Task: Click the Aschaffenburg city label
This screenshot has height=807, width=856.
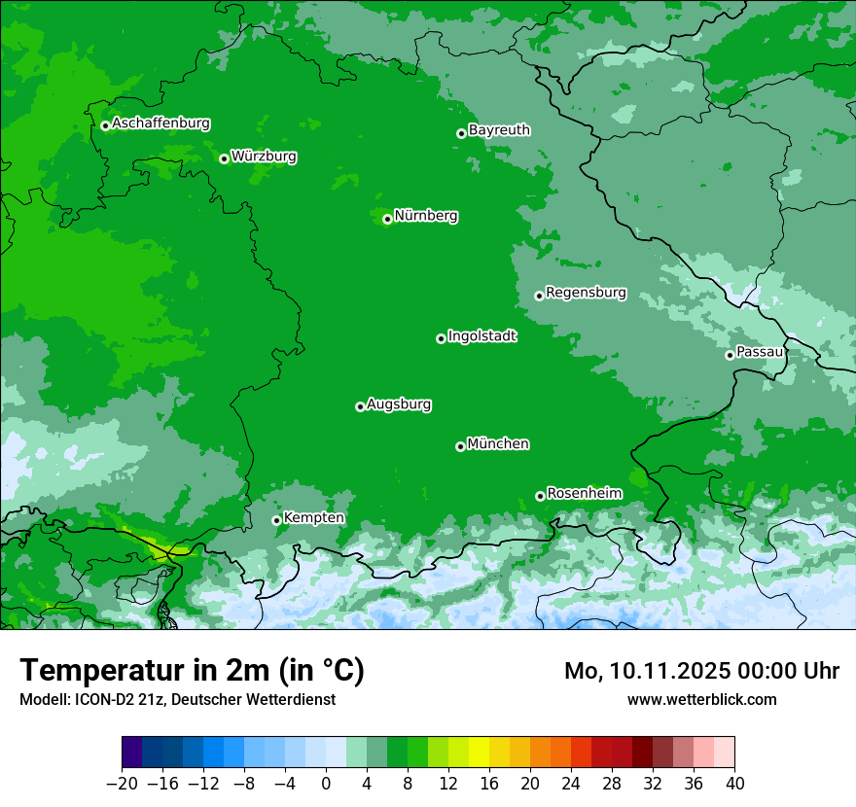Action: tap(160, 123)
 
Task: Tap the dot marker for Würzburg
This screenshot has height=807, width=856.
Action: tap(224, 158)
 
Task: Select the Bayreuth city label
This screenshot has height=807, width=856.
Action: tap(499, 129)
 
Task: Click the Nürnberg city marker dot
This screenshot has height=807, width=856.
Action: tap(387, 219)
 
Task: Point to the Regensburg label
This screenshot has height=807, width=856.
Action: tap(586, 292)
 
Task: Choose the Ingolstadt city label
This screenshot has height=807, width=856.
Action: tap(481, 335)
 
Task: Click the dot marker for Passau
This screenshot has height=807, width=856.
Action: tap(730, 355)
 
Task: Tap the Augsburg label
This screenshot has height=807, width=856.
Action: tap(399, 403)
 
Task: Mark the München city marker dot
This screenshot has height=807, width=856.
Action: tap(460, 446)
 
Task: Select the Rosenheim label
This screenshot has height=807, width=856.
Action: tap(584, 493)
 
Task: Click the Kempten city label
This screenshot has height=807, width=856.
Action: tap(313, 517)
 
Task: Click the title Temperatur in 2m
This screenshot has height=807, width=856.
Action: tap(192, 670)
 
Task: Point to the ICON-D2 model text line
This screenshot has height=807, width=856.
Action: tap(177, 699)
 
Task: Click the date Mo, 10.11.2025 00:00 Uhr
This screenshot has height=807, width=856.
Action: tap(701, 671)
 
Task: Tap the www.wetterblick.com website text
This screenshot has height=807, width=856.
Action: tap(701, 699)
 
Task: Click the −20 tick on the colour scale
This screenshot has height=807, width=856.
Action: tap(122, 784)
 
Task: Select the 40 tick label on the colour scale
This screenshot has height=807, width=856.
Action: tap(734, 784)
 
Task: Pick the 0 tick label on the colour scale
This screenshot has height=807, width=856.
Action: tap(326, 784)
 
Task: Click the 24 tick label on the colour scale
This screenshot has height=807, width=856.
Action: tap(571, 784)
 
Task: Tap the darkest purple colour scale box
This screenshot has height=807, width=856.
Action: tap(132, 753)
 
